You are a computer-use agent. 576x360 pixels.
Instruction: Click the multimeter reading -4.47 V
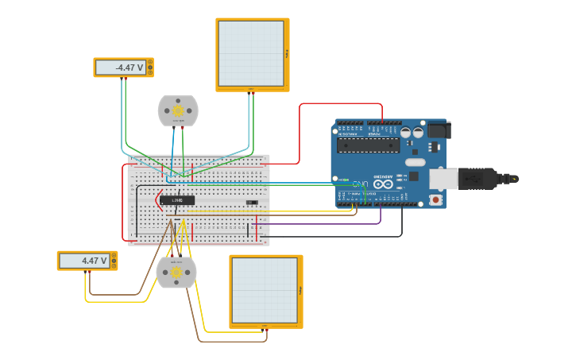pyautogui.click(x=123, y=68)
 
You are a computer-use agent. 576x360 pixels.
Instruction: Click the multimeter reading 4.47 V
pyautogui.click(x=87, y=261)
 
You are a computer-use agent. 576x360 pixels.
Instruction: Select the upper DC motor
pyautogui.click(x=178, y=111)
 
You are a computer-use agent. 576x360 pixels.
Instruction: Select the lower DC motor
pyautogui.click(x=176, y=273)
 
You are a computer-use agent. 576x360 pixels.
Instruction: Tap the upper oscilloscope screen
pyautogui.click(x=252, y=54)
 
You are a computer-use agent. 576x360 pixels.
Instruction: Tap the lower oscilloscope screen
pyautogui.click(x=265, y=291)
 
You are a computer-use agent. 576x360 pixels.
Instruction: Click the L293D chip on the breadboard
pyautogui.click(x=177, y=200)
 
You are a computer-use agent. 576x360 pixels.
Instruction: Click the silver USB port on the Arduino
pyautogui.click(x=443, y=179)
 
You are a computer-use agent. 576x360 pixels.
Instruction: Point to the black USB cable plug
pyautogui.click(x=485, y=179)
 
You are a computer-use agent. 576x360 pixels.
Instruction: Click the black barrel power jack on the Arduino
pyautogui.click(x=439, y=130)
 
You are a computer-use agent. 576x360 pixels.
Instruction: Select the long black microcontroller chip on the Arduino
pyautogui.click(x=366, y=145)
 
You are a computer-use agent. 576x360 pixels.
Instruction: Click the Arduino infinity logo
pyautogui.click(x=383, y=184)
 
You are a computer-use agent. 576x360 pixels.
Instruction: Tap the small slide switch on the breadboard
pyautogui.click(x=252, y=203)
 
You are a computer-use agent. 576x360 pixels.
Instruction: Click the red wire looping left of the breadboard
pyautogui.click(x=123, y=203)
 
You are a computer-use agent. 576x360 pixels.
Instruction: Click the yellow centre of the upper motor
pyautogui.click(x=178, y=110)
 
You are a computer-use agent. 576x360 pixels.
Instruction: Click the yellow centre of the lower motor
pyautogui.click(x=176, y=272)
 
